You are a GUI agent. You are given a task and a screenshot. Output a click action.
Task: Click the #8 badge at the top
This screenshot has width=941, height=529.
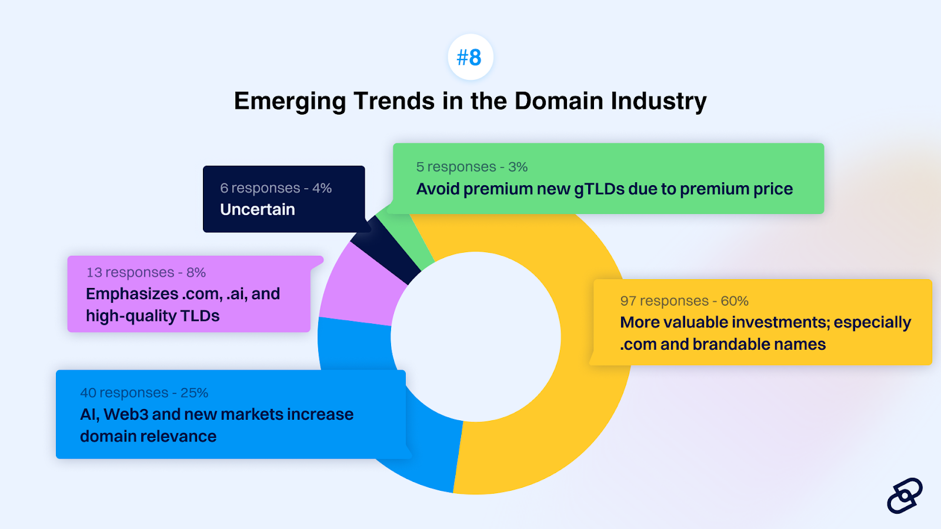click(470, 57)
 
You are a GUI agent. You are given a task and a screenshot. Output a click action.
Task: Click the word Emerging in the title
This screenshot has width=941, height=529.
click(290, 101)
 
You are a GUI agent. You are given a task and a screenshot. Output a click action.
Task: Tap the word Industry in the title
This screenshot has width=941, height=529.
click(659, 101)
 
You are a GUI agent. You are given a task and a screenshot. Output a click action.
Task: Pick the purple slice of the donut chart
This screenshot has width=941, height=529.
click(361, 290)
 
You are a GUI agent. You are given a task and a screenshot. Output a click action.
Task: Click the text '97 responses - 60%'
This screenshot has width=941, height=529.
click(684, 301)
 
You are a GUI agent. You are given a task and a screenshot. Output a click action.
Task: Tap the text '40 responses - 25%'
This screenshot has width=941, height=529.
click(144, 393)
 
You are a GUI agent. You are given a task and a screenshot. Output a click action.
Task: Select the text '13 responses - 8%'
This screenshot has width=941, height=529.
click(146, 273)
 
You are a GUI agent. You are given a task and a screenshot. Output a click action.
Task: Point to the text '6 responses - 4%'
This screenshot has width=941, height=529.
click(276, 188)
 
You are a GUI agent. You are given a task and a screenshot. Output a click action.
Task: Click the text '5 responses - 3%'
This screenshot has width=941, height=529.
click(472, 167)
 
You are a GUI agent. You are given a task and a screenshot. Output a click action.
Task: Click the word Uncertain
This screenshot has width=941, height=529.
click(258, 209)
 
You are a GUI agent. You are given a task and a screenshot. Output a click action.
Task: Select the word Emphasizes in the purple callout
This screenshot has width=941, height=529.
click(132, 294)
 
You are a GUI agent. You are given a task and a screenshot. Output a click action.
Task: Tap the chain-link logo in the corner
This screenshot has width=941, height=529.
click(905, 495)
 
